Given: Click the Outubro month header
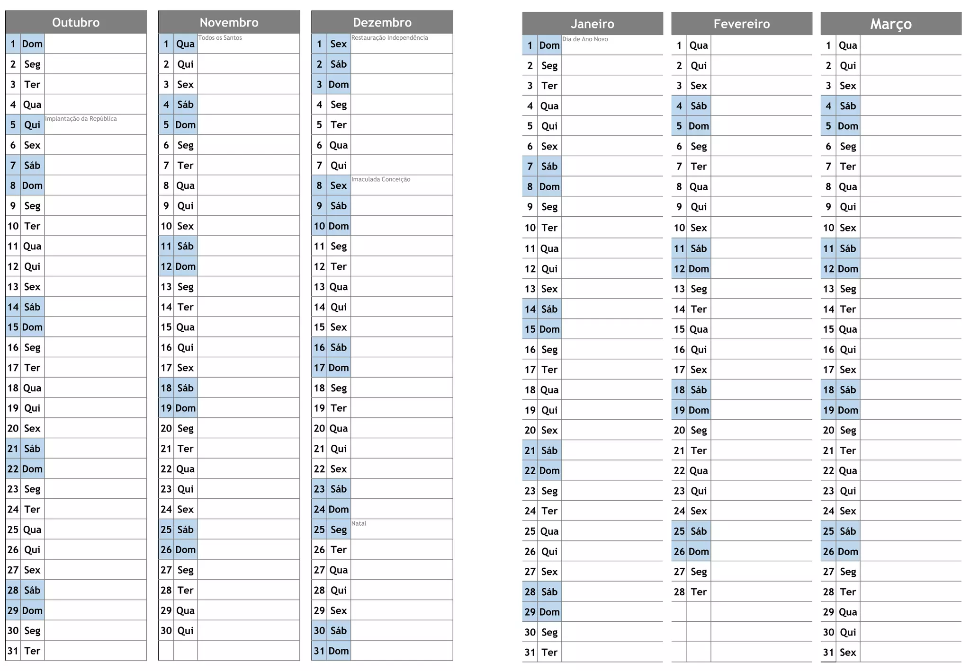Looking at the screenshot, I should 76,22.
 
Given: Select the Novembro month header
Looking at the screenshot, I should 229,22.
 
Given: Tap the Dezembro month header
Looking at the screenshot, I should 382,22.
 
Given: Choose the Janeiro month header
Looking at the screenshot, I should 592,24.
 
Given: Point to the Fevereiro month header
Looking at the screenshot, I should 741,24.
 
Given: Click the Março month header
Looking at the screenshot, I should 890,24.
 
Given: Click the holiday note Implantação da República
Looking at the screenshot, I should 81,119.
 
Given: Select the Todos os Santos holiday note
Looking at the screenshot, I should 220,38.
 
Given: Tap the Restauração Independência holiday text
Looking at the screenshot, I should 389,38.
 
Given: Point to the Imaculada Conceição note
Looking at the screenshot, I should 381,179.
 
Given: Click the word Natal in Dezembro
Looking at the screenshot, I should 359,523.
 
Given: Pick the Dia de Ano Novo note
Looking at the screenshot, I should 585,39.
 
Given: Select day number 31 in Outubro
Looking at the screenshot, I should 13,651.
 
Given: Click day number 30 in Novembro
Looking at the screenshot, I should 166,630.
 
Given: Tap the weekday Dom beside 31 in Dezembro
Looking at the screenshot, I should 339,651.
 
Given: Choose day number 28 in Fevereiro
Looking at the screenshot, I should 679,592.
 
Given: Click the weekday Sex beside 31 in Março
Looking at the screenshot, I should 848,653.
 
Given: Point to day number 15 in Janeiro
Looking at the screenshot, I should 530,329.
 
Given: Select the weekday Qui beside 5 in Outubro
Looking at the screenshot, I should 32,125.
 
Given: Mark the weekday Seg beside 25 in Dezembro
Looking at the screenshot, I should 339,530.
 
